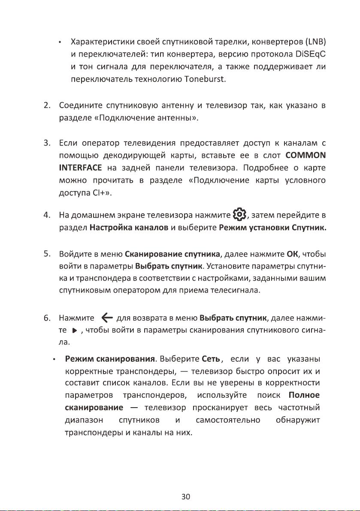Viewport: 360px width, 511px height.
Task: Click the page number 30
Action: click(x=185, y=497)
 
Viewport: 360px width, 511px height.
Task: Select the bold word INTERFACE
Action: click(x=80, y=167)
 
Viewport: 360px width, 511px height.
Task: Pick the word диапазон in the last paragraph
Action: click(x=81, y=419)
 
